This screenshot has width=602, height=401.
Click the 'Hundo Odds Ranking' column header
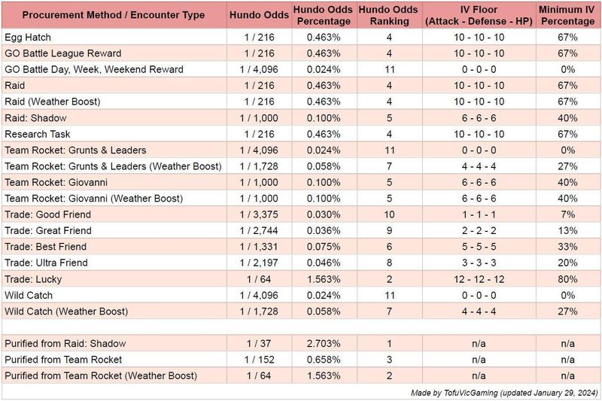(388, 15)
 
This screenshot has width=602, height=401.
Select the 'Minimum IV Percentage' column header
(567, 15)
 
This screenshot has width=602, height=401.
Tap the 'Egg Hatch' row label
(28, 37)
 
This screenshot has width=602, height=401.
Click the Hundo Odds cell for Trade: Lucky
(259, 279)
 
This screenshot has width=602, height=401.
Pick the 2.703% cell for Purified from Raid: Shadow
(324, 343)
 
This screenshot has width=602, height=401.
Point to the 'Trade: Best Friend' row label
(46, 247)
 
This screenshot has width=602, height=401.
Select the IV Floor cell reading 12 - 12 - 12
(479, 279)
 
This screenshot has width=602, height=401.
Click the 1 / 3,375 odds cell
(259, 214)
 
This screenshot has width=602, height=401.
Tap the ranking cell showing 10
(389, 214)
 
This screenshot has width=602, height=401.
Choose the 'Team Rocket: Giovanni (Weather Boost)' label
(93, 199)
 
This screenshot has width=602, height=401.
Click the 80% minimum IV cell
(567, 279)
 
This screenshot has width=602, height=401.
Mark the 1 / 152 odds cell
(259, 360)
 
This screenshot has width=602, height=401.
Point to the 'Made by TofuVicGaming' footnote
(455, 393)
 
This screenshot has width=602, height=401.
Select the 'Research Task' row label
(37, 134)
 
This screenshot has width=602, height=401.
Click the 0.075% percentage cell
(324, 247)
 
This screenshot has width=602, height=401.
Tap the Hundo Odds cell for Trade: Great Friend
(259, 231)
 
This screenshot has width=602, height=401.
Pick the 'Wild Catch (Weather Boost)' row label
(66, 311)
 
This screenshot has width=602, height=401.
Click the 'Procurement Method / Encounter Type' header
(114, 15)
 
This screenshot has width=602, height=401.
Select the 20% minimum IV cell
(567, 263)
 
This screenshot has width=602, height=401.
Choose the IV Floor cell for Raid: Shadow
(479, 118)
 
